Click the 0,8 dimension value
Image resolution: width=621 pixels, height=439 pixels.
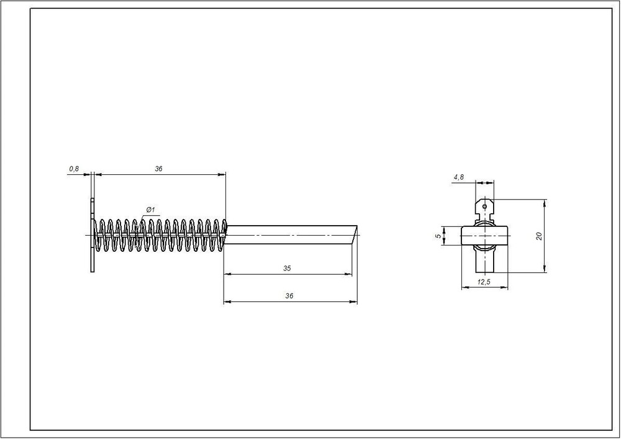(74, 169)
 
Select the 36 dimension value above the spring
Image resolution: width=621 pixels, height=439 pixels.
(158, 169)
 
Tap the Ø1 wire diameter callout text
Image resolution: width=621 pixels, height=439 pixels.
(150, 210)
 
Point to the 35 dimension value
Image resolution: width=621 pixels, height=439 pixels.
(287, 268)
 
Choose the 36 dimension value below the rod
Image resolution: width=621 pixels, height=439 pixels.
(289, 296)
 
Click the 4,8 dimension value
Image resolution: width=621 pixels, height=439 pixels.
(459, 177)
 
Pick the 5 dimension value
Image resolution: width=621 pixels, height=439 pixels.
(438, 236)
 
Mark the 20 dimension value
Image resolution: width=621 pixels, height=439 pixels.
(538, 236)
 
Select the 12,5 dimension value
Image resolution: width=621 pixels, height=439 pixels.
(484, 282)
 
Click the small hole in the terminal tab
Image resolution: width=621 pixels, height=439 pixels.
(484, 206)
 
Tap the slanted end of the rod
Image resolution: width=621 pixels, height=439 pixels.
(355, 236)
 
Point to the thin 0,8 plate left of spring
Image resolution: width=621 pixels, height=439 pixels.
(93, 236)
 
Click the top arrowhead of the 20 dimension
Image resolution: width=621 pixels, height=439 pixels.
(545, 203)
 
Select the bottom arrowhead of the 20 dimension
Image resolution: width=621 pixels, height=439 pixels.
(545, 269)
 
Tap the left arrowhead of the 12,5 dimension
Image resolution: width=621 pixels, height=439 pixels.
(465, 288)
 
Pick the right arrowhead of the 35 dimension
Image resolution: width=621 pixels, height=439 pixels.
(348, 273)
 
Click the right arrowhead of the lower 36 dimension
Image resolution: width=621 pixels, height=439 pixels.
(354, 302)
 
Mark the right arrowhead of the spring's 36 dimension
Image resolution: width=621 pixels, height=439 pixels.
(222, 174)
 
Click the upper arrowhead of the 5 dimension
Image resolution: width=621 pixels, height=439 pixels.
(444, 229)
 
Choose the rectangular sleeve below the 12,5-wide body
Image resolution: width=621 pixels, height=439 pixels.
(485, 259)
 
